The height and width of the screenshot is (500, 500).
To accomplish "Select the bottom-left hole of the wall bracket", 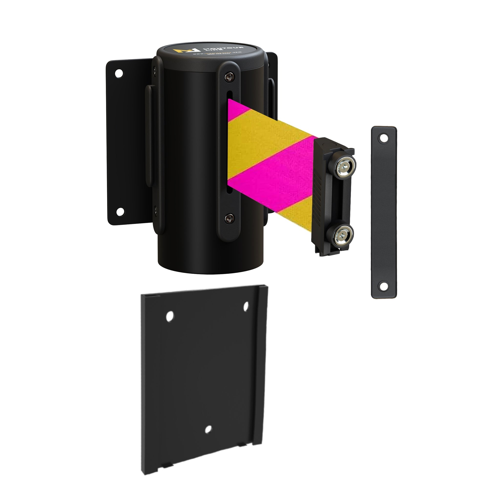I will (120, 212).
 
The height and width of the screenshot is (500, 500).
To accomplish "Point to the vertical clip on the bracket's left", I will (149, 140).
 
